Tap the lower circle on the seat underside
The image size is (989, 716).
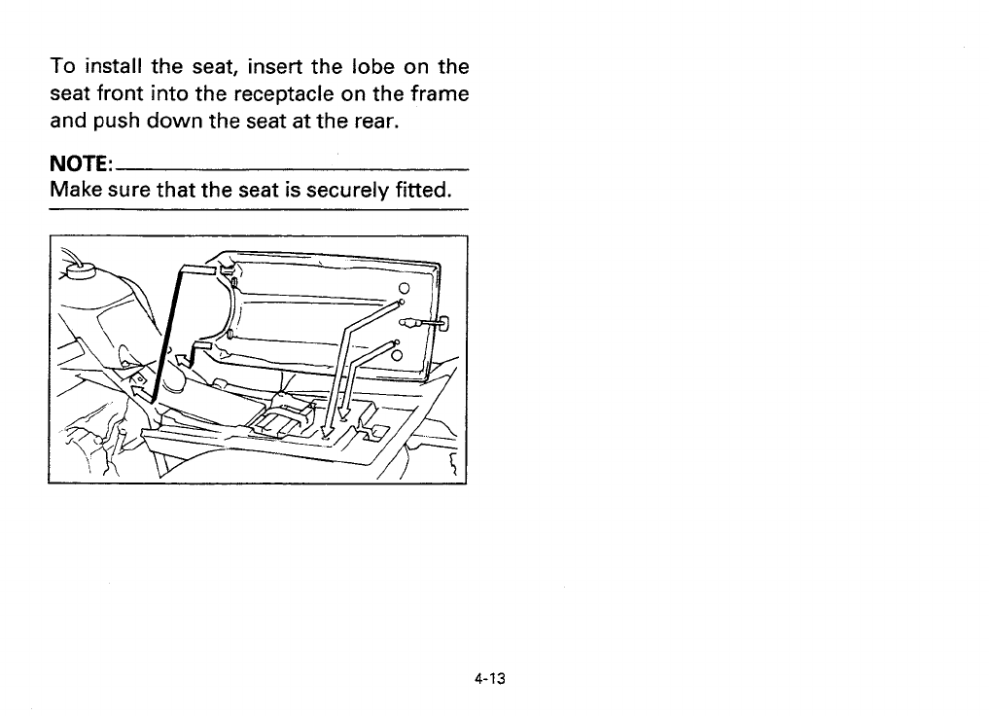point(397,356)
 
